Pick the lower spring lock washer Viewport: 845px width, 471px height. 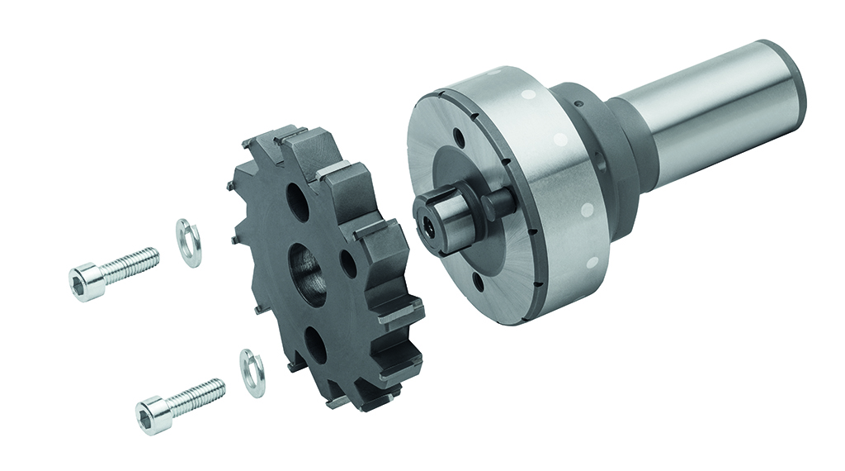[253, 373]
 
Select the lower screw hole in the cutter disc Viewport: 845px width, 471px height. [316, 346]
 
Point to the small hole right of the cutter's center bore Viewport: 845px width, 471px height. [348, 264]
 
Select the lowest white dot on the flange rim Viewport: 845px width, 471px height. [592, 264]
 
